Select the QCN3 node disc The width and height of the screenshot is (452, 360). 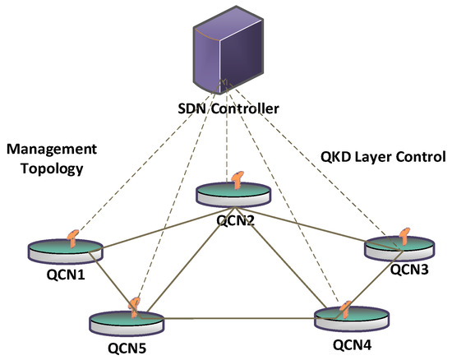(x=398, y=247)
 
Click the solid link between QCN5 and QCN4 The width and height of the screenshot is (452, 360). (x=238, y=316)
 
